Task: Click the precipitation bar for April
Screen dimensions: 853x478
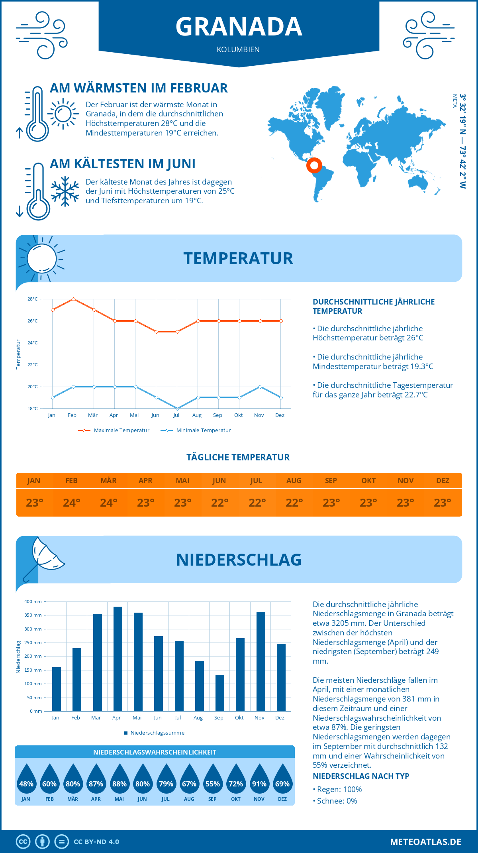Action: coord(118,659)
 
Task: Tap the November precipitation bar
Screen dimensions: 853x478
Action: coord(261,661)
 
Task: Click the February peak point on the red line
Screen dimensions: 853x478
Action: coord(73,299)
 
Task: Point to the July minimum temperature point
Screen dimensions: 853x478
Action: coord(177,409)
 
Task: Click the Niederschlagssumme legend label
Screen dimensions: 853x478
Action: coord(157,733)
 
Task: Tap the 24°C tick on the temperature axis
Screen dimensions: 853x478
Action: coord(33,343)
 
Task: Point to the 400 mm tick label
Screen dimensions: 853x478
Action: coord(33,601)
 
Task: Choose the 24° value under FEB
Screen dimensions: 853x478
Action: coord(72,503)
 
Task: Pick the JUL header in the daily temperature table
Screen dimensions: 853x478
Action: coord(256,481)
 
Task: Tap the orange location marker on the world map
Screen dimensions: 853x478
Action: coord(314,165)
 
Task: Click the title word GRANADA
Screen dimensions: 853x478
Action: coord(239,27)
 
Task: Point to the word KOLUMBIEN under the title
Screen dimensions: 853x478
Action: coord(238,50)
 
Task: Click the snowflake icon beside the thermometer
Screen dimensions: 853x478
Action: coord(65,191)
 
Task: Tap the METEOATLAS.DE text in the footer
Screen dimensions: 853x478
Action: coord(425,842)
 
